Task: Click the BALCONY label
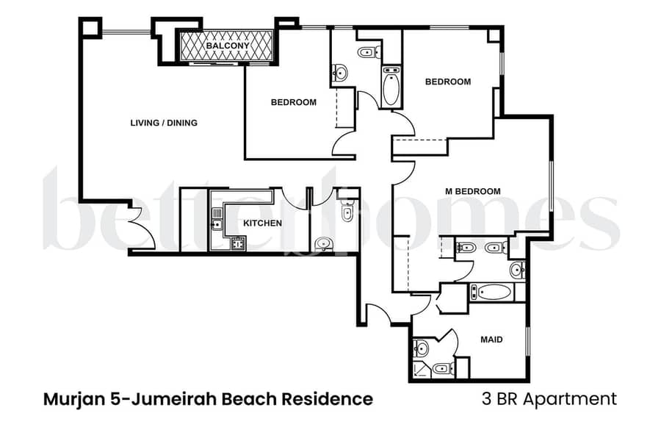(228, 45)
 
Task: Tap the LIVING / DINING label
(164, 123)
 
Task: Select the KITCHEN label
(263, 223)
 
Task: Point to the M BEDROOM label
(473, 192)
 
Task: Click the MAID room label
(491, 340)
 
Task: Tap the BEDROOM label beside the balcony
(293, 102)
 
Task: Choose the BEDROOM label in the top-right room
(448, 82)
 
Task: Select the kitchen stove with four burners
(238, 244)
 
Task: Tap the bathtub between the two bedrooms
(391, 87)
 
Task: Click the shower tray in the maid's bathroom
(421, 370)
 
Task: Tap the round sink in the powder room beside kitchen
(324, 244)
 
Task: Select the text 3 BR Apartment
(549, 399)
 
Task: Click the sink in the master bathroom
(518, 270)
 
